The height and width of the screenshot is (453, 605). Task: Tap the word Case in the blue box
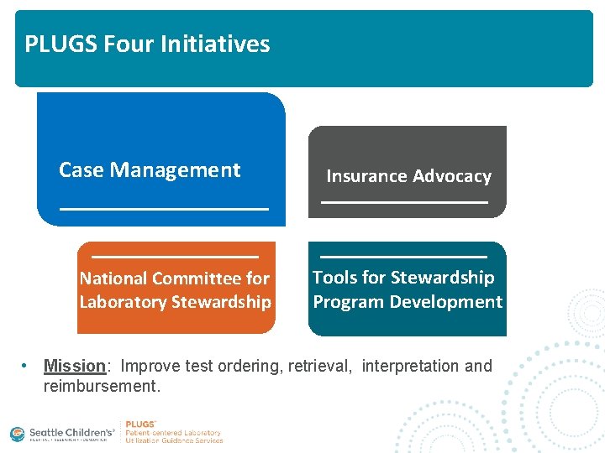pyautogui.click(x=82, y=170)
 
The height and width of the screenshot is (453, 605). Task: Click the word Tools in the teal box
pyautogui.click(x=336, y=278)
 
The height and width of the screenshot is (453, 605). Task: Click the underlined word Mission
pyautogui.click(x=74, y=367)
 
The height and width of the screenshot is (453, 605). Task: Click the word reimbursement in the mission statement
pyautogui.click(x=101, y=387)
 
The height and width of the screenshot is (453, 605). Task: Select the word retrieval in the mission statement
pyautogui.click(x=319, y=367)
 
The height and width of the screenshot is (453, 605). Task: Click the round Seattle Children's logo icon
pyautogui.click(x=18, y=434)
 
